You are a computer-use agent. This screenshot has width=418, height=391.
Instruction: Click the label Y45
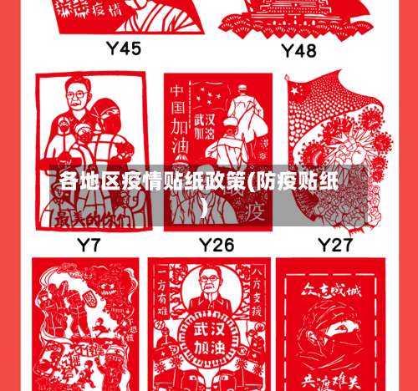coord(123,48)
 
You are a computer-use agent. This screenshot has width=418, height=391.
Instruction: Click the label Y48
coord(298,51)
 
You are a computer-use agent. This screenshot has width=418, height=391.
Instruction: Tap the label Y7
coord(89,246)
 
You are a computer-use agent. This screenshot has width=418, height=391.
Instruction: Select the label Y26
coord(216,246)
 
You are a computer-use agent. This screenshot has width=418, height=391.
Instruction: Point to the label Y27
coord(335,246)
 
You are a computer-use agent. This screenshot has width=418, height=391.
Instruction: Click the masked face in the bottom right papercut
coord(333,334)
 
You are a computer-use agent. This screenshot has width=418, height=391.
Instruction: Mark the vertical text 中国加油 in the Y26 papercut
coord(179,125)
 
